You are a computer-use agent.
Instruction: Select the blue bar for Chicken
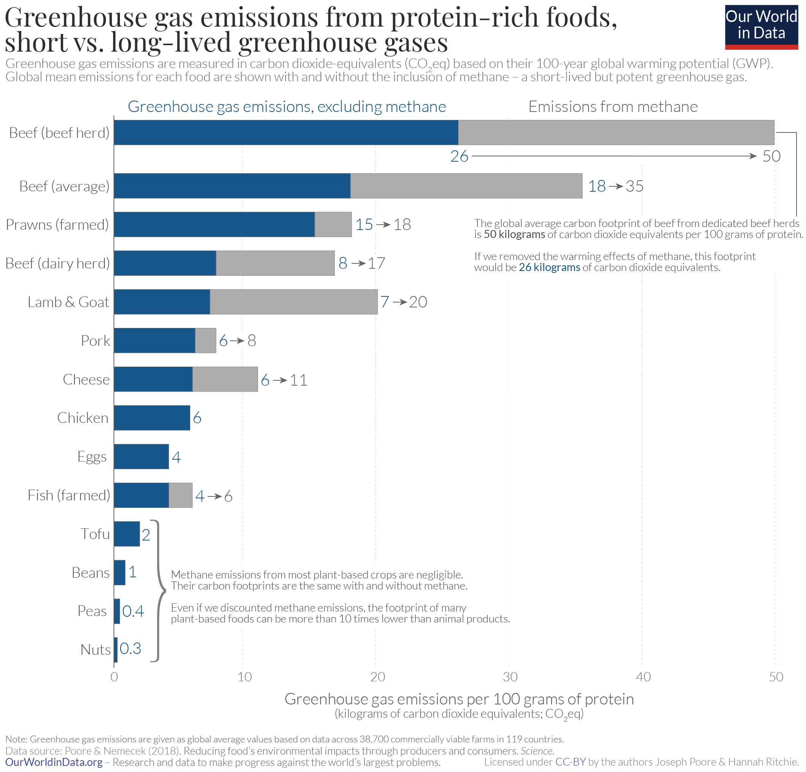[x=152, y=418]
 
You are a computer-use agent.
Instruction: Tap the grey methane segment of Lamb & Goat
[x=293, y=302]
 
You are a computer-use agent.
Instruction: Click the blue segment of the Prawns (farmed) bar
[x=214, y=224]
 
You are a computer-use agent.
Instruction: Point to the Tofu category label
[x=95, y=534]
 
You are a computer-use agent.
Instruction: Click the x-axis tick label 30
[x=510, y=677]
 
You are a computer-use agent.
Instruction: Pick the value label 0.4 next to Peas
[x=133, y=611]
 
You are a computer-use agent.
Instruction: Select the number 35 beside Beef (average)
[x=634, y=186]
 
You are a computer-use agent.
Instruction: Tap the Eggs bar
[x=141, y=456]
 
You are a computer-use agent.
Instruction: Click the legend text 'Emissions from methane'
[x=613, y=107]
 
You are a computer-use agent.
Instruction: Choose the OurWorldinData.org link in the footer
[x=54, y=762]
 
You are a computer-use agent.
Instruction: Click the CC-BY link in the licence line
[x=570, y=762]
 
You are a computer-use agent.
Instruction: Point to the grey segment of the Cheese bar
[x=225, y=379]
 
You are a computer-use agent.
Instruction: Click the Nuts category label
[x=95, y=650]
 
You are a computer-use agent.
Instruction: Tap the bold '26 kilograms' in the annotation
[x=549, y=268]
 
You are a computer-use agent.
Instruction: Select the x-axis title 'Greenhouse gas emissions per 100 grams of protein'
[x=459, y=699]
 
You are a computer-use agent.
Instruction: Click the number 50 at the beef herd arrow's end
[x=771, y=156]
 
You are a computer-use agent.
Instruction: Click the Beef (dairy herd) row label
[x=58, y=263]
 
